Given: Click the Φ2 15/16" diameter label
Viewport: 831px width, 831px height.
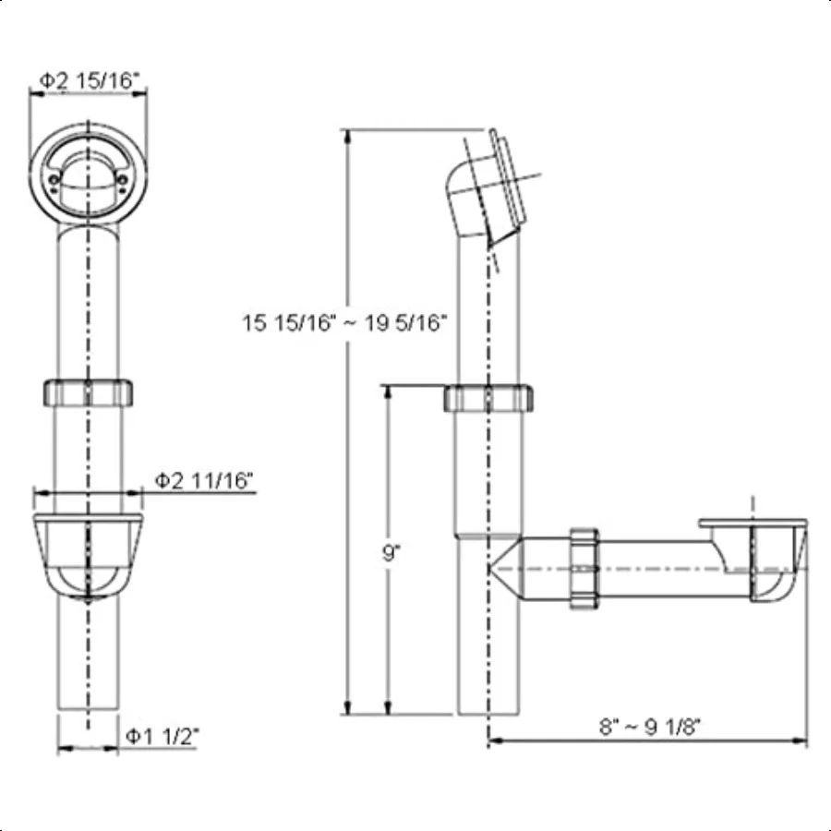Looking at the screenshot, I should (x=90, y=80).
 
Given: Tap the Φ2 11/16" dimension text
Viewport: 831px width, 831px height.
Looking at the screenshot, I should (x=204, y=480).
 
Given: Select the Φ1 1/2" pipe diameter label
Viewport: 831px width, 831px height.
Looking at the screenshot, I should (x=163, y=736).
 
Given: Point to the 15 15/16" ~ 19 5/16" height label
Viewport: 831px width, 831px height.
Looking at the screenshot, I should (x=345, y=322).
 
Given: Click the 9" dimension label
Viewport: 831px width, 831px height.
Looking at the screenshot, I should (x=391, y=554).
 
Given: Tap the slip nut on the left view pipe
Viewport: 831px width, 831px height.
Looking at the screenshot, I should (x=89, y=391).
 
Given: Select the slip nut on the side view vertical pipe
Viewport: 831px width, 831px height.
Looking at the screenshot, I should (x=488, y=398).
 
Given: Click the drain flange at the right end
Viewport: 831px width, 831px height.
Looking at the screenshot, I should (x=753, y=526).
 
